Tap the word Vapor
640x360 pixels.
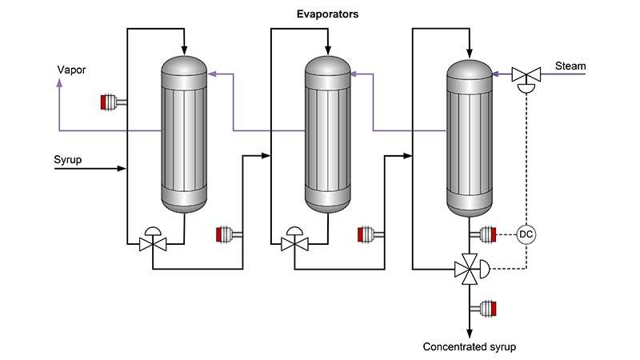tap(70, 70)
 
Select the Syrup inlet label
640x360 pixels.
tap(67, 159)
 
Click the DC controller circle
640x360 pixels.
tap(526, 234)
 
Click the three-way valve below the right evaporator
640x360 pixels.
tap(466, 269)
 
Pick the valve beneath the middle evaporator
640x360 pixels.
tap(292, 242)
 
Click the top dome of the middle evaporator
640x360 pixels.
tap(327, 65)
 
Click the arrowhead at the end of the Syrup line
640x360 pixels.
tap(122, 168)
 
